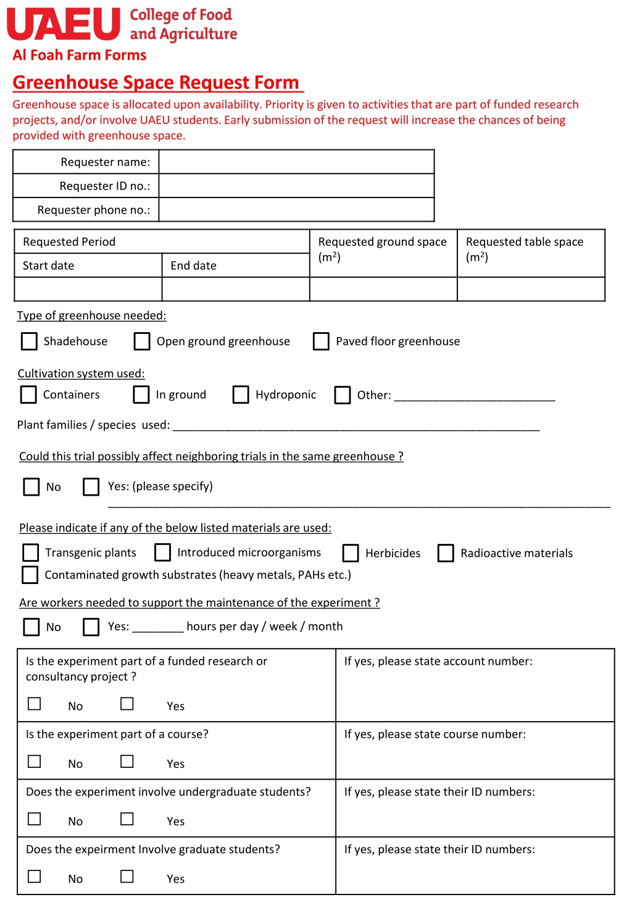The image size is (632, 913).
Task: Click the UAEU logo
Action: click(x=64, y=24)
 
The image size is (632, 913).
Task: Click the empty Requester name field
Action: click(x=296, y=162)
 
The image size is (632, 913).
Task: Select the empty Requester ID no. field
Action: click(x=296, y=186)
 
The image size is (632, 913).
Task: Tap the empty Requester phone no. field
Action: click(x=296, y=210)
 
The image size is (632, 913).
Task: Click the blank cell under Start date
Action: click(x=88, y=289)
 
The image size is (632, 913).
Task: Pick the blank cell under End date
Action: click(x=236, y=289)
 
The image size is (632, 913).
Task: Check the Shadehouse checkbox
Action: click(x=29, y=341)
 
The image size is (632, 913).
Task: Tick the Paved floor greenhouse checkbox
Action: click(x=321, y=341)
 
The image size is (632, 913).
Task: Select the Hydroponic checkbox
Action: click(x=241, y=394)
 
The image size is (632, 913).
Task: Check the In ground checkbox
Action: click(x=141, y=394)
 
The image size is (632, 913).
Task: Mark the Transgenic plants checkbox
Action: click(x=30, y=552)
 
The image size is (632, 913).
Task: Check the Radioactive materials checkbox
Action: click(x=446, y=553)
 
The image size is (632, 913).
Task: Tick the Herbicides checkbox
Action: click(x=351, y=553)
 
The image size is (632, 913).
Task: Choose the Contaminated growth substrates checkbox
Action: click(x=30, y=575)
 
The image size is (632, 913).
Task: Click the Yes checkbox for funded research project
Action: click(x=127, y=704)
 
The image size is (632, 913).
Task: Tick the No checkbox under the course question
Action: click(x=35, y=762)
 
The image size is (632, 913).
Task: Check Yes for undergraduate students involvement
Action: click(x=127, y=819)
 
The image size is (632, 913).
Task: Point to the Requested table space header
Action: click(x=525, y=242)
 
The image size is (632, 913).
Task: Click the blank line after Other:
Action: click(x=475, y=396)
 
